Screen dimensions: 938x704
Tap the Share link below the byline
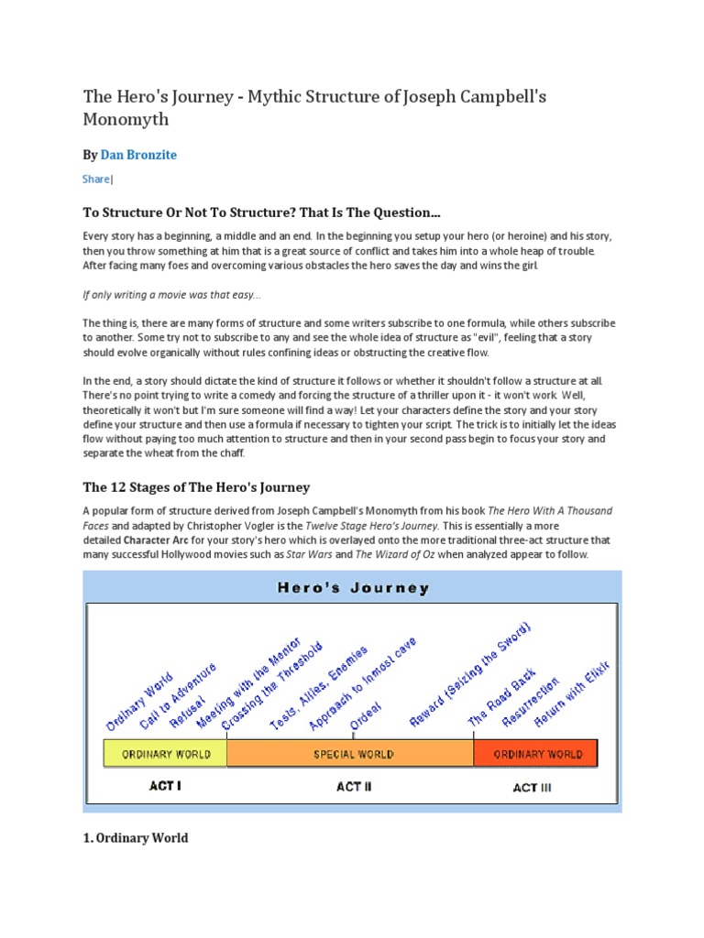tap(95, 180)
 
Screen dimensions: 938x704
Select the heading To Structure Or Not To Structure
tap(261, 213)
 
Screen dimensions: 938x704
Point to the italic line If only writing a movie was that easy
tap(172, 295)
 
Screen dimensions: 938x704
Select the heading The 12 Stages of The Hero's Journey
tap(196, 487)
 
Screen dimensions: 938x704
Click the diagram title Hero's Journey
tap(353, 588)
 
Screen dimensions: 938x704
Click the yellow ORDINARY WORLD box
tap(165, 755)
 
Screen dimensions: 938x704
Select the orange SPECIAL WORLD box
tap(353, 755)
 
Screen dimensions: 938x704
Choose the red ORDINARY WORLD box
tap(537, 755)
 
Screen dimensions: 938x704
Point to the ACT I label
tap(165, 786)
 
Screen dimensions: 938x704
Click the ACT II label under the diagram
tap(354, 786)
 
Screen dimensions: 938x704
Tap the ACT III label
tap(532, 787)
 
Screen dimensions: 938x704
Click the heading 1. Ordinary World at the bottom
tap(136, 837)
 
